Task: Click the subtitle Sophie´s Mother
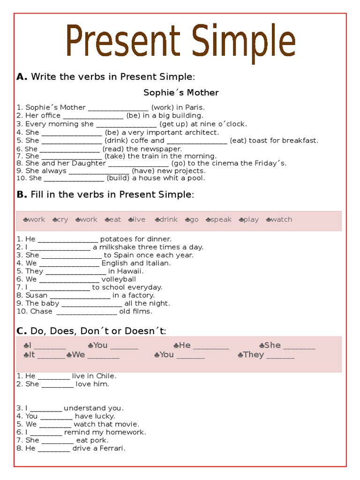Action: pyautogui.click(x=181, y=92)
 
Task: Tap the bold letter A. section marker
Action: pyautogui.click(x=22, y=77)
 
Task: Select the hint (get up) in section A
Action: pyautogui.click(x=174, y=124)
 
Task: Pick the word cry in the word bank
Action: pyautogui.click(x=63, y=219)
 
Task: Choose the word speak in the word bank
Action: pyautogui.click(x=221, y=219)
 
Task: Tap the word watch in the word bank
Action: pyautogui.click(x=281, y=219)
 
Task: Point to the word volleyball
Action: pyautogui.click(x=119, y=279)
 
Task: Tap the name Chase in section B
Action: pyautogui.click(x=41, y=311)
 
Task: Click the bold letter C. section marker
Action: pyautogui.click(x=22, y=331)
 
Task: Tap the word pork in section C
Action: pyautogui.click(x=99, y=440)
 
